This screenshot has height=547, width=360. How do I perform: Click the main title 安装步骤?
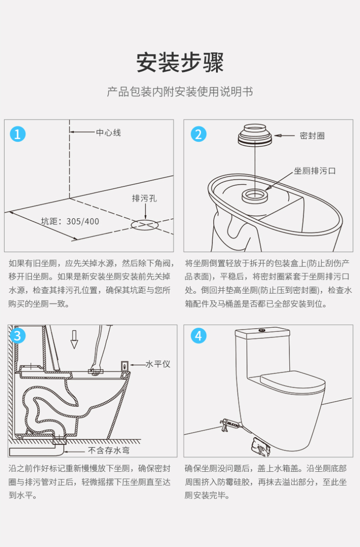(180, 62)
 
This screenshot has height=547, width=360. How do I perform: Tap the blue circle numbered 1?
(18, 134)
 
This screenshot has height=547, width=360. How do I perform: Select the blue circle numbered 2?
(198, 134)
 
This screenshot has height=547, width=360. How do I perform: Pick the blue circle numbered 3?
(18, 336)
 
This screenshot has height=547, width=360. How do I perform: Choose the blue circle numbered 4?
(198, 336)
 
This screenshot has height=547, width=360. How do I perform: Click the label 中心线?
(108, 132)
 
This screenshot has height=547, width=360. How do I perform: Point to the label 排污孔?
(144, 198)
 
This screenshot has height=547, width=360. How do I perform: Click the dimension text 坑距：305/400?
(70, 222)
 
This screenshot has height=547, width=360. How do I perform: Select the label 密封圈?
(312, 136)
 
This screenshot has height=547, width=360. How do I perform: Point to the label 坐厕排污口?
(315, 171)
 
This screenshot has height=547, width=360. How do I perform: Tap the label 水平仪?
(158, 364)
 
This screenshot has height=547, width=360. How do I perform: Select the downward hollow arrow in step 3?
(74, 339)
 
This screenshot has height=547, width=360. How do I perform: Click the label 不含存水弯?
(109, 451)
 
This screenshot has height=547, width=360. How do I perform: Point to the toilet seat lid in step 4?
(292, 381)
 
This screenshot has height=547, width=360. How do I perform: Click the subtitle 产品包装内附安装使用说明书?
(180, 92)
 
